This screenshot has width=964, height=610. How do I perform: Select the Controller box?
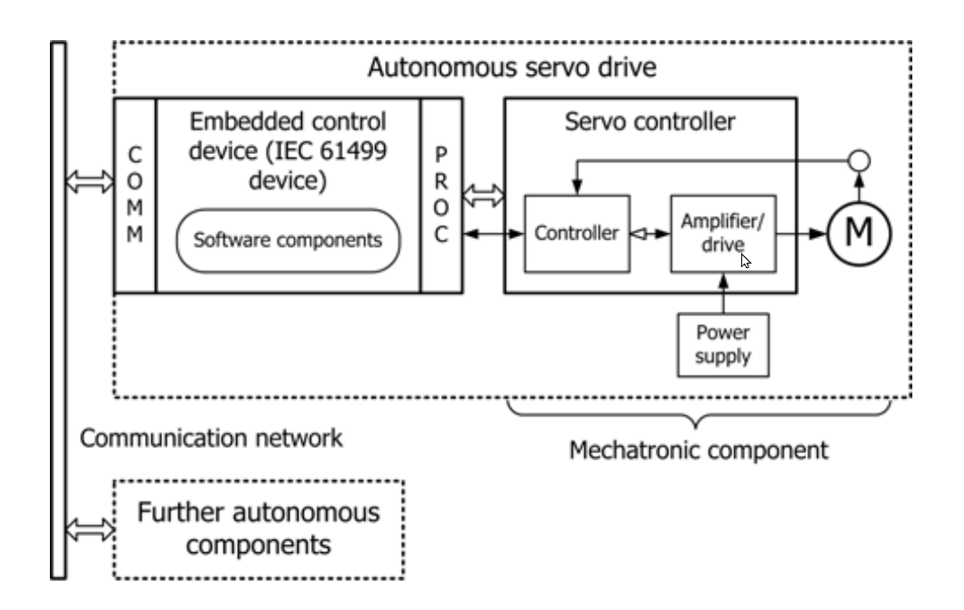pos(576,234)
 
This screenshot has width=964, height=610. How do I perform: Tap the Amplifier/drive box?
pos(722,234)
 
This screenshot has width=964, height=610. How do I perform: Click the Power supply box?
pos(723,343)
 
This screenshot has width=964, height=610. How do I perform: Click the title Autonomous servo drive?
pos(511,69)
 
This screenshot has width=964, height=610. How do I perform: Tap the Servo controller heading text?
pos(651,122)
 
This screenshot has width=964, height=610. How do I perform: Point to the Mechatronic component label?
pos(699,450)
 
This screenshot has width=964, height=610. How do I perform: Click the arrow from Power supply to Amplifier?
pos(723,293)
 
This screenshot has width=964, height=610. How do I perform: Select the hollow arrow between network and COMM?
pos(90,182)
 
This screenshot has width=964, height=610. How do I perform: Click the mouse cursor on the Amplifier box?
pos(745,260)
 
